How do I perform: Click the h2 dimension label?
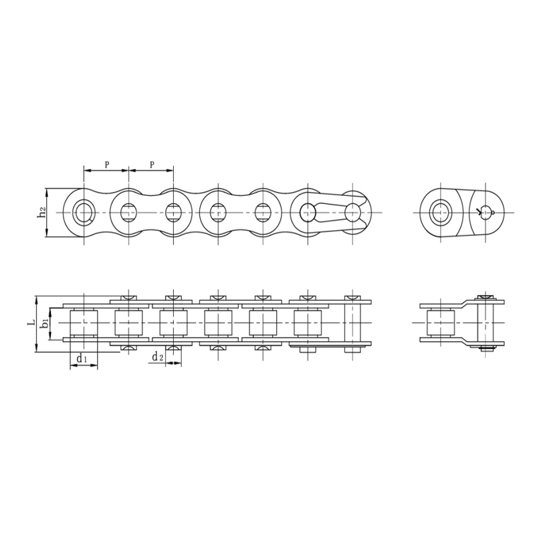[41, 213]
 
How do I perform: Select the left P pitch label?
[106, 164]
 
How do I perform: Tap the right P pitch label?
[151, 164]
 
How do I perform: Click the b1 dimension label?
[44, 323]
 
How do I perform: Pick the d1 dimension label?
[81, 358]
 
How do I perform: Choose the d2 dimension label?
[158, 357]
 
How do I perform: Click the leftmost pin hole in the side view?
[84, 213]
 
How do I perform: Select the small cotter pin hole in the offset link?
[492, 213]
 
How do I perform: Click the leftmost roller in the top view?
[84, 323]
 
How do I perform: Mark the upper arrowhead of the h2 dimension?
[47, 191]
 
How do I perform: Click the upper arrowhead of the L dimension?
[35, 298]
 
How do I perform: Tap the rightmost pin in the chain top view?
[353, 323]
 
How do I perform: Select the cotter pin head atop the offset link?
[486, 296]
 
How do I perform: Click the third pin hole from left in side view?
[173, 213]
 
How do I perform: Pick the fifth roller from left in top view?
[262, 323]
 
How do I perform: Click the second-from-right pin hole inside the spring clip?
[308, 213]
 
